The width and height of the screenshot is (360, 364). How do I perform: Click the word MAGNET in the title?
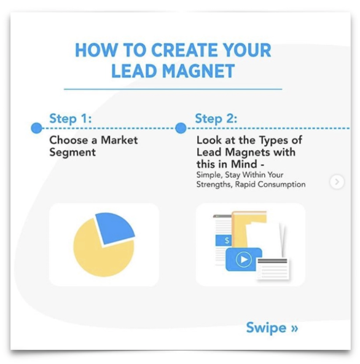[198, 71]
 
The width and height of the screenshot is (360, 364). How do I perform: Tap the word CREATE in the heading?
[185, 50]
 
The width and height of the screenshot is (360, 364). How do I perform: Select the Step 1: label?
[71, 118]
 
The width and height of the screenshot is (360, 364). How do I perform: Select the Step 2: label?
[216, 118]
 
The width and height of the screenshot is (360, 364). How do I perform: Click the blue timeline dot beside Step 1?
[37, 128]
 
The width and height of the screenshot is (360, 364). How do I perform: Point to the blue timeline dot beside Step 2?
[181, 128]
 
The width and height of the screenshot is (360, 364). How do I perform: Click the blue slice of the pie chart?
[114, 228]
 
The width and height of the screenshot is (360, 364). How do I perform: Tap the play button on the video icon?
[243, 259]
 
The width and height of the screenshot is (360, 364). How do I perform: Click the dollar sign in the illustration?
[227, 240]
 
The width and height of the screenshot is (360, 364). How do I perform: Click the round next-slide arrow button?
[337, 182]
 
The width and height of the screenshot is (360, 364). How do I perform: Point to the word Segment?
[72, 153]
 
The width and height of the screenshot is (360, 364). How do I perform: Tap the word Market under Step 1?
[119, 140]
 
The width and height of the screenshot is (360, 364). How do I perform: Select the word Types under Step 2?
[274, 141]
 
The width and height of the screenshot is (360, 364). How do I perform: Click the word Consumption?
[281, 184]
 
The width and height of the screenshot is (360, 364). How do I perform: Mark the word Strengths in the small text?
[214, 184]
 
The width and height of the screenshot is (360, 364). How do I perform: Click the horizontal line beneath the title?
[173, 89]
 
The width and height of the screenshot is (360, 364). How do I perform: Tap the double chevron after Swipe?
[294, 328]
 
